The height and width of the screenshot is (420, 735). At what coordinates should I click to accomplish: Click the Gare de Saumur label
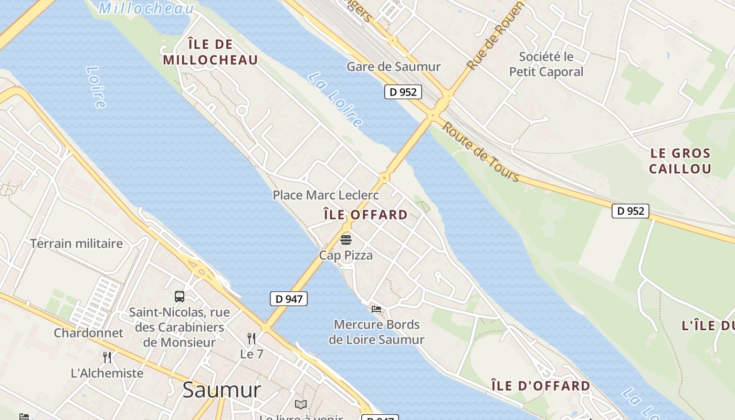click(x=393, y=67)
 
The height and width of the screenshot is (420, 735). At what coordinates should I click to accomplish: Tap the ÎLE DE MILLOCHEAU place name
click(x=210, y=52)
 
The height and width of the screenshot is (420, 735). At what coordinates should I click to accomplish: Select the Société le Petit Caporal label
click(x=546, y=64)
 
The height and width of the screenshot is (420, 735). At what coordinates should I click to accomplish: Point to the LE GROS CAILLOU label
click(x=680, y=161)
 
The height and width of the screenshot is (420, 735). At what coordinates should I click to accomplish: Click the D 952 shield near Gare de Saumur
click(x=403, y=92)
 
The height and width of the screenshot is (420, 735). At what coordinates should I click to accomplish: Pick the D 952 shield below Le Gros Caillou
click(x=630, y=211)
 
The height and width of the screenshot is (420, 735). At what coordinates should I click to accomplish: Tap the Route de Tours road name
click(x=480, y=152)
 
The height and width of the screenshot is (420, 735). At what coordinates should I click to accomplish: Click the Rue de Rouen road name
click(x=495, y=36)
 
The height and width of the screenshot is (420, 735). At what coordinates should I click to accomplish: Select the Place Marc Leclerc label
click(x=325, y=195)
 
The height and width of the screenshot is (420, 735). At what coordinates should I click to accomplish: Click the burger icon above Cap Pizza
click(x=346, y=240)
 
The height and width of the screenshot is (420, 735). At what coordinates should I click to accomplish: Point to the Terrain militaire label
click(x=76, y=244)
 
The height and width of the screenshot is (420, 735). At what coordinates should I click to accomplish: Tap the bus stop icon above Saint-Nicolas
click(x=180, y=297)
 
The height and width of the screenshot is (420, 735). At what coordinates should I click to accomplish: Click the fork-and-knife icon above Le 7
click(x=251, y=339)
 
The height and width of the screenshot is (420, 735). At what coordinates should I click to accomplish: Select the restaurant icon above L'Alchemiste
click(x=107, y=358)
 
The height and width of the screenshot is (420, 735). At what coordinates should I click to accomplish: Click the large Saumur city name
click(x=222, y=390)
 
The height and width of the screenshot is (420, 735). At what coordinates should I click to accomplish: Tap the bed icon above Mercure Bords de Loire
click(x=376, y=309)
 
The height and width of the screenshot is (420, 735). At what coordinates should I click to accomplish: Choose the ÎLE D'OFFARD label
click(x=540, y=386)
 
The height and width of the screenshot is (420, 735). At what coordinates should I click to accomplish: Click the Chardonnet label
click(x=88, y=333)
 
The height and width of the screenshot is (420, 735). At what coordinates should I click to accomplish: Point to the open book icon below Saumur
click(x=301, y=404)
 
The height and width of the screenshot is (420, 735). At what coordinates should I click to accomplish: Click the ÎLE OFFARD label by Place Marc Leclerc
click(x=365, y=215)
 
